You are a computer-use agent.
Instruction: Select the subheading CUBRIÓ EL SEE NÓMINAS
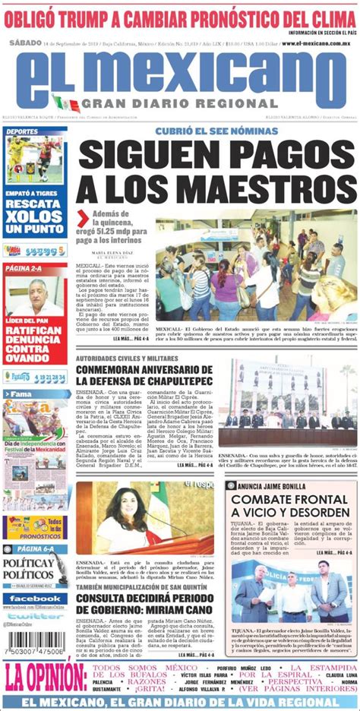(x=216, y=131)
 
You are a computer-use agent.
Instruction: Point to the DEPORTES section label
(x=23, y=131)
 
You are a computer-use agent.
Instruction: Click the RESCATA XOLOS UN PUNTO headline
(x=35, y=216)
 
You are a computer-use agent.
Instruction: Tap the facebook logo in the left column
(x=35, y=599)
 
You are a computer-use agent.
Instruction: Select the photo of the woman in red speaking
(x=145, y=520)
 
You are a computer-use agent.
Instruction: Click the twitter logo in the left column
(x=35, y=616)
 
